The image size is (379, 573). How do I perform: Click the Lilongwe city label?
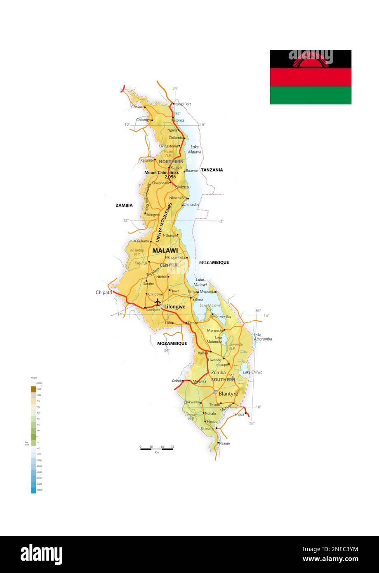click(175, 307)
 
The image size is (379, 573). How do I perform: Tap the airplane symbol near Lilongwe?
click(157, 302)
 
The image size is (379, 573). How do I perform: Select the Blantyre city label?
click(228, 394)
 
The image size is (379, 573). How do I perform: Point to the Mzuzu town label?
click(184, 187)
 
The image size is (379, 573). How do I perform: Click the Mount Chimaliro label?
click(160, 172)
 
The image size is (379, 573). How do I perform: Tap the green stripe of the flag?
click(311, 95)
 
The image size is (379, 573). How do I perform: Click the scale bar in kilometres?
click(156, 449)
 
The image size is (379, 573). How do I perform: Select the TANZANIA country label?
click(212, 170)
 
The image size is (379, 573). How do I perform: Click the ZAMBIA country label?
click(124, 205)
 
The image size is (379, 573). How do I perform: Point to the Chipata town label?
click(104, 292)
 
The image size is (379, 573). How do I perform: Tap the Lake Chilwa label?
click(252, 372)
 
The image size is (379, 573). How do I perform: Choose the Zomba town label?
click(218, 372)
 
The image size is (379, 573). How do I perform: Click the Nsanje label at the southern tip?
click(224, 443)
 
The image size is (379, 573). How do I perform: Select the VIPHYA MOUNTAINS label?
click(164, 221)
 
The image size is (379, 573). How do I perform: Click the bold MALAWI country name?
click(165, 250)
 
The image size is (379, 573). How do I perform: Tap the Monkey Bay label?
click(222, 316)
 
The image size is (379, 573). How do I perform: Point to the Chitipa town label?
click(137, 107)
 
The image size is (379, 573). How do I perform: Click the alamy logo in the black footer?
click(41, 554)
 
